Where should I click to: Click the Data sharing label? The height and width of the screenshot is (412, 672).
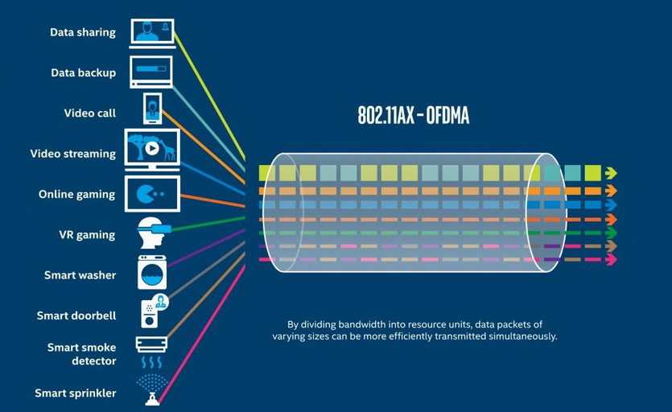82,33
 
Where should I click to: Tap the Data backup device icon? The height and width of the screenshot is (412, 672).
150,71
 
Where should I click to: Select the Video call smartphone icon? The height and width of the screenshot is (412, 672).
152,109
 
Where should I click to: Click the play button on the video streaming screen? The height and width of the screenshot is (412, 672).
151,149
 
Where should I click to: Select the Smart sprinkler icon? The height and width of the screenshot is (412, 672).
151,387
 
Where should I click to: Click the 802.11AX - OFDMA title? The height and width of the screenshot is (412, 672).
413,116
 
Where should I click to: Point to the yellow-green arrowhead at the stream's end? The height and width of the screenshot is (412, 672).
611,172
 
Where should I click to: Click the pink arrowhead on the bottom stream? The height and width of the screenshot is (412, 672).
611,259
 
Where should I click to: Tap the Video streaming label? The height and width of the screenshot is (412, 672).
73,154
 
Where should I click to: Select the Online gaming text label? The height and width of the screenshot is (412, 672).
76,194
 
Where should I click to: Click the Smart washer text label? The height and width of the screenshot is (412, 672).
80,275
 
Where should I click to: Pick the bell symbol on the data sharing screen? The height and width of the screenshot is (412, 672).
166,28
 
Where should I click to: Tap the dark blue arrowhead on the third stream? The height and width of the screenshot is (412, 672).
611,204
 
